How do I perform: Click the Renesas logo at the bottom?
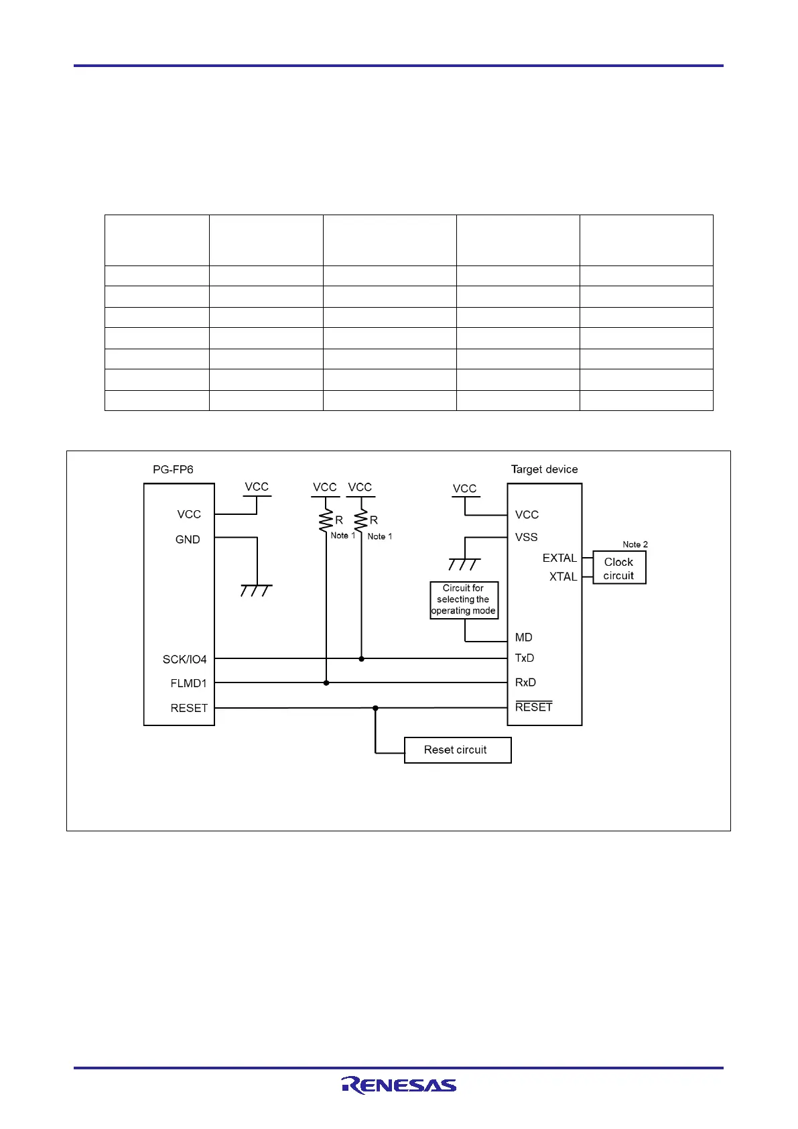399,1085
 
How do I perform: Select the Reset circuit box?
458,750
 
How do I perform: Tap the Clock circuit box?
619,569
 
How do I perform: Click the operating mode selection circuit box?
464,600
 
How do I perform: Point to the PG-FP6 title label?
173,469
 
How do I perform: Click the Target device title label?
544,469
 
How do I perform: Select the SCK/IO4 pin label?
184,660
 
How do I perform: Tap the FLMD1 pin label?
188,684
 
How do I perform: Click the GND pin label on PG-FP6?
188,540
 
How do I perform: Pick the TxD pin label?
525,658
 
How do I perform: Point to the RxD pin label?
525,682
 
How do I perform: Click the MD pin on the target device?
524,638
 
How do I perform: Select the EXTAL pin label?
559,558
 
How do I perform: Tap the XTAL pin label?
563,577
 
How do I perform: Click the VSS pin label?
526,537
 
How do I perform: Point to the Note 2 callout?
635,544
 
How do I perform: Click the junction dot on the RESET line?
375,708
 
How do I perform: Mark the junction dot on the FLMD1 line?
326,683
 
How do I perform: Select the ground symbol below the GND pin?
256,590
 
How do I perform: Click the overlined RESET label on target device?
533,707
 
